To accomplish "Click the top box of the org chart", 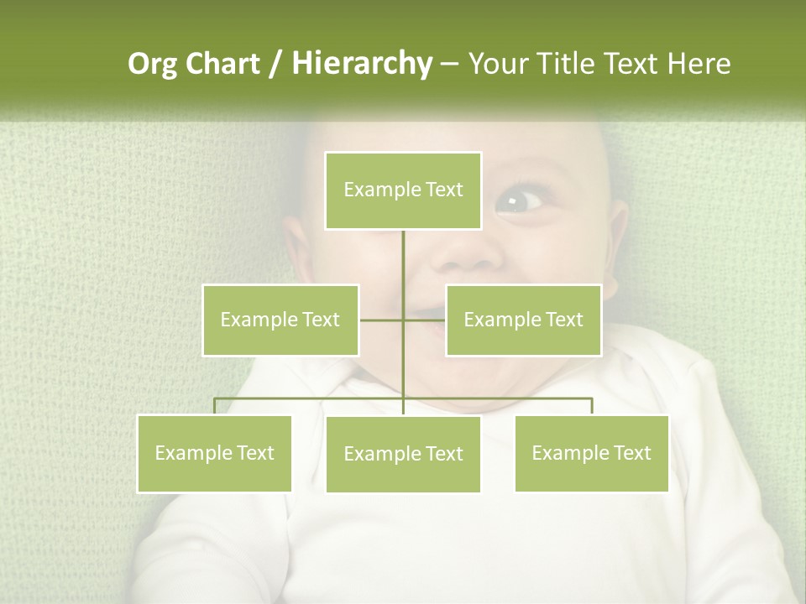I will click(403, 190).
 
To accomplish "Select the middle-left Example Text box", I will click(280, 320).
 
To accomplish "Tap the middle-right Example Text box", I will click(523, 320).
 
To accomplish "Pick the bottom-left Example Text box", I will click(215, 453).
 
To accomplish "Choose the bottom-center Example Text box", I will click(403, 454).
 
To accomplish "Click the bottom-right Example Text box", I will click(591, 453).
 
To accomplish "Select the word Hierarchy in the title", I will click(361, 64).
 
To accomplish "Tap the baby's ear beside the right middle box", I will click(616, 243).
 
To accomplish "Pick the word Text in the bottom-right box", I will click(632, 453).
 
